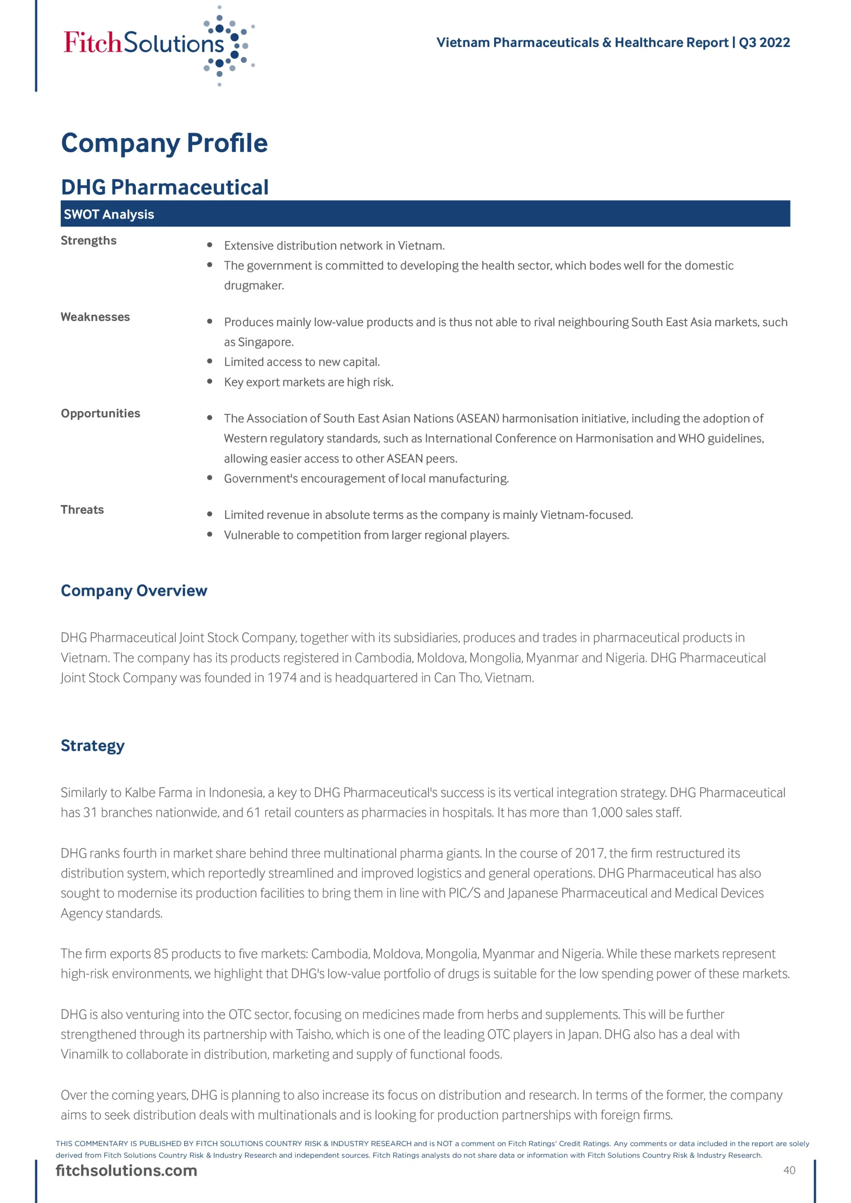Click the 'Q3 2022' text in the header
(764, 42)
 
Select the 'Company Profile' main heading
(164, 143)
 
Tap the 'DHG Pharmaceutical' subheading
(165, 187)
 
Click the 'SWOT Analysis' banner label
(109, 214)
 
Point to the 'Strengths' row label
(88, 241)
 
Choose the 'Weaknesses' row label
(95, 317)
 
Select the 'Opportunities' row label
(100, 414)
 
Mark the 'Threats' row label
(82, 510)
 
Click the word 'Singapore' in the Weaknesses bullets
(265, 342)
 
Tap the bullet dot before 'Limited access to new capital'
(210, 361)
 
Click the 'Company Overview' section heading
(134, 591)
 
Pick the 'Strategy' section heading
(92, 746)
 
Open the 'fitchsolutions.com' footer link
(126, 1171)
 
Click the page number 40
(789, 1171)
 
